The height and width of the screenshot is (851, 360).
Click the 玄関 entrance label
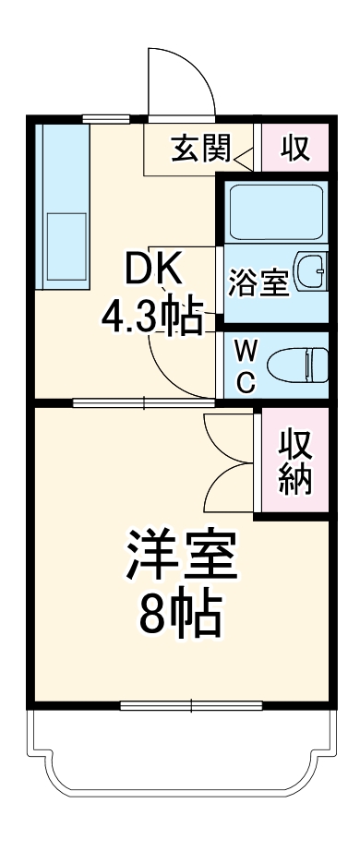pos(200,149)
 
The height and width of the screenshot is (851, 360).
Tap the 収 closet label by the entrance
pos(294,149)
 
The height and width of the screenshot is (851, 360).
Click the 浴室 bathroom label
pos(258,282)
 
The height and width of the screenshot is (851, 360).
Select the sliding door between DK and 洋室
pos(144,402)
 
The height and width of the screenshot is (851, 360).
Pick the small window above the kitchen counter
pos(104,118)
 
